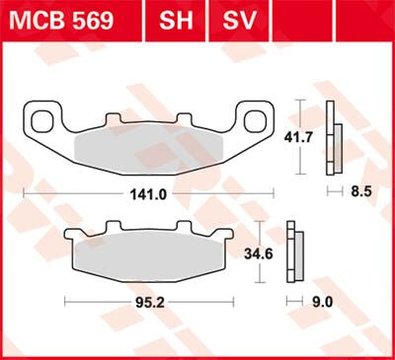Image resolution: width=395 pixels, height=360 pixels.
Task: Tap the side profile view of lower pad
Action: click(x=291, y=252)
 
